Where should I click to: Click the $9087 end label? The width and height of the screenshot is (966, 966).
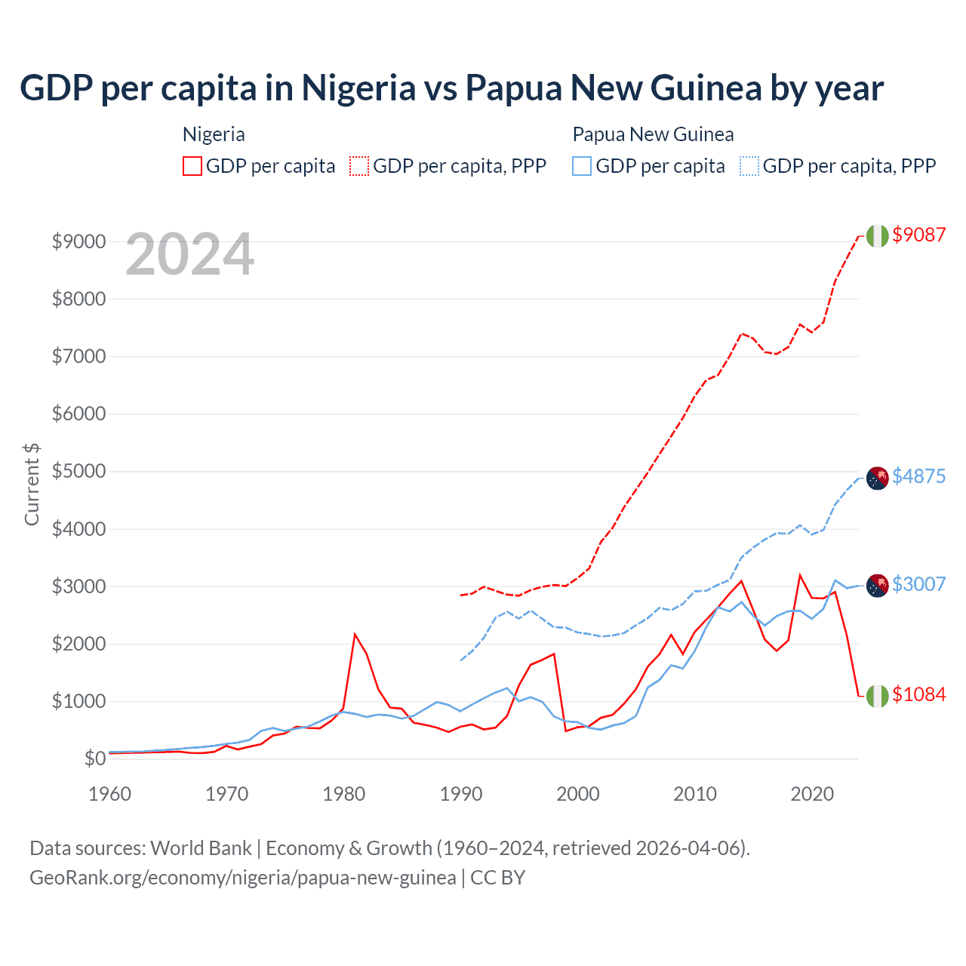[x=918, y=235]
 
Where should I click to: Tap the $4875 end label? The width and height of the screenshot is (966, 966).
[x=918, y=476]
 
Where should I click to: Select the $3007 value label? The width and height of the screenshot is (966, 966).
[x=918, y=584]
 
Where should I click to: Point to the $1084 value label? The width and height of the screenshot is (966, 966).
[x=918, y=694]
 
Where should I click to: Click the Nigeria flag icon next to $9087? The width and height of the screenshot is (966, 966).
[x=877, y=235]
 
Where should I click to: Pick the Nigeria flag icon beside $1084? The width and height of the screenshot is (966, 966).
[x=877, y=696]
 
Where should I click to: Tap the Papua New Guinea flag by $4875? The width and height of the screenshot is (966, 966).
[x=877, y=478]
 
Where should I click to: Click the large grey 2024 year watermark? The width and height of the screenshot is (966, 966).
[x=189, y=255]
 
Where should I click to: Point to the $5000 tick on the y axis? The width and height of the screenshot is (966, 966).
[x=78, y=472]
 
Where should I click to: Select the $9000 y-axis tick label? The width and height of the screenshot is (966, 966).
[x=78, y=241]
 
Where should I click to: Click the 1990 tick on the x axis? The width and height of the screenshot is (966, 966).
[x=461, y=794]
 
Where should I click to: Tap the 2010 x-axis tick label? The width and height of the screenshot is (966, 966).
[x=695, y=794]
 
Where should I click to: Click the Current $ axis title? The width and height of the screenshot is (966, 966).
[x=32, y=485]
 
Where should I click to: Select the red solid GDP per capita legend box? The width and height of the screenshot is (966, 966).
[x=192, y=166]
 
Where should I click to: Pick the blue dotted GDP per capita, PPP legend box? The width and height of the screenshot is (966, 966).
[x=749, y=166]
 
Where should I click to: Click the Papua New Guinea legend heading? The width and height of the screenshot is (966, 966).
[x=653, y=134]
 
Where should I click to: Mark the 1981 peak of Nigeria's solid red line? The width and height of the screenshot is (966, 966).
[x=355, y=634]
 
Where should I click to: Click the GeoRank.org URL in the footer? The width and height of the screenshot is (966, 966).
[x=242, y=878]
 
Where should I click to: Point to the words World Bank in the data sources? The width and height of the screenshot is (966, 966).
[x=201, y=848]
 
